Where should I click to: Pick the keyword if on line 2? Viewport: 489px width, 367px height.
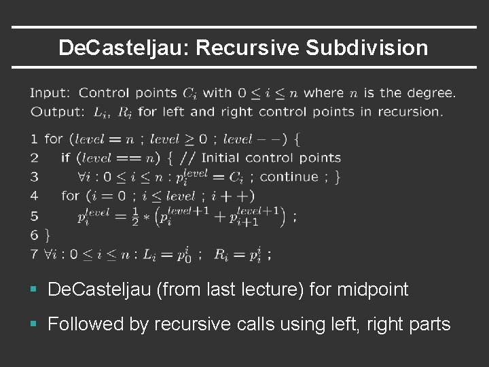click(x=65, y=158)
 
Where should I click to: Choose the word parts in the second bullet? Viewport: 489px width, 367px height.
click(x=427, y=324)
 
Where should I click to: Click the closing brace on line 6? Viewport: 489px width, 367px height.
click(x=46, y=235)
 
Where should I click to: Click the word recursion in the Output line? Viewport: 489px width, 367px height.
click(x=410, y=111)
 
